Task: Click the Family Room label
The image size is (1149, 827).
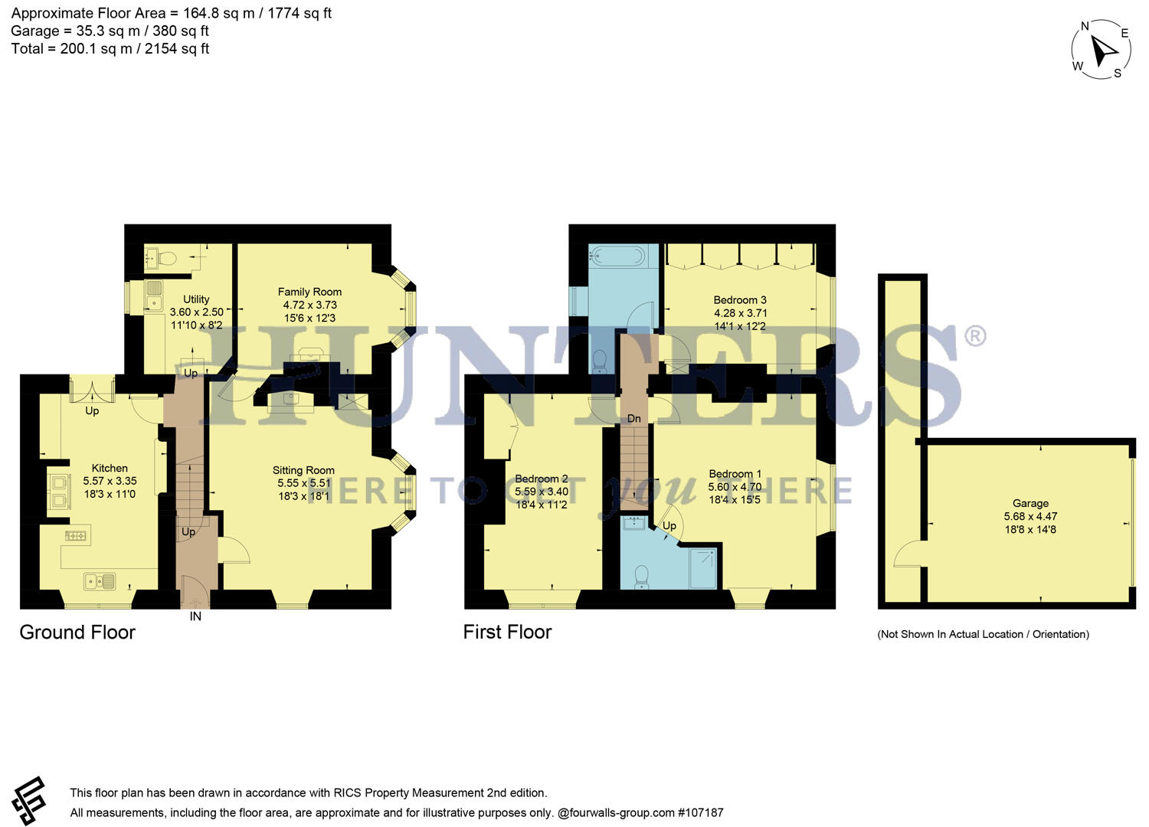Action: tap(309, 292)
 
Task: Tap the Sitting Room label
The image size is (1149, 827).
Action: tap(303, 470)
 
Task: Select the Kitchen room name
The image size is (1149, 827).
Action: tap(110, 468)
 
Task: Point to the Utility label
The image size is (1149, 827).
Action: tap(196, 299)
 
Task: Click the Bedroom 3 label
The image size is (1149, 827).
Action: tap(740, 300)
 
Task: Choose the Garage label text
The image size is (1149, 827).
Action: tap(1030, 504)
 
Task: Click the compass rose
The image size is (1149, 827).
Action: tap(1101, 50)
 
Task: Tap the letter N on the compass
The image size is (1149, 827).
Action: tap(1085, 26)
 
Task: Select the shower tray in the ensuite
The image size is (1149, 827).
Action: tap(702, 568)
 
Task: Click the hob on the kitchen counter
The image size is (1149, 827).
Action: tap(75, 536)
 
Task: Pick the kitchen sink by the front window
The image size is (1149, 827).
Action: tap(100, 581)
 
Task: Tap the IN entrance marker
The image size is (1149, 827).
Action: tap(195, 616)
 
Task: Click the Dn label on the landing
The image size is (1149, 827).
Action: tap(634, 419)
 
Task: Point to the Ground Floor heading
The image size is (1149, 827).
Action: tap(77, 633)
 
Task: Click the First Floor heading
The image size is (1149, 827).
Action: tap(507, 633)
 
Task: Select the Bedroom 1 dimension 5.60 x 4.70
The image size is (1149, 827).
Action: tap(735, 486)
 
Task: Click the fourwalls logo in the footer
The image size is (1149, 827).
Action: tap(29, 800)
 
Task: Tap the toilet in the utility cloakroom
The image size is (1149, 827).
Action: tap(166, 258)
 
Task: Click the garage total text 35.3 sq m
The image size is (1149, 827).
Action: tap(108, 31)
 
